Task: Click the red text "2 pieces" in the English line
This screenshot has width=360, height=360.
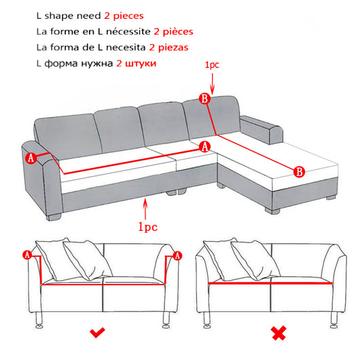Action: [x=124, y=16]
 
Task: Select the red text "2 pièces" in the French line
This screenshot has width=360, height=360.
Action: [x=174, y=32]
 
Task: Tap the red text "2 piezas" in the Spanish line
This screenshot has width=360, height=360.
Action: [x=168, y=48]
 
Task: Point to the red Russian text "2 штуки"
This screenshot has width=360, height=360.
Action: [x=136, y=63]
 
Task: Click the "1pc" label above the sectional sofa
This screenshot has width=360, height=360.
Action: [x=212, y=65]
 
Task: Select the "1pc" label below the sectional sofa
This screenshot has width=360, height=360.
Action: [x=147, y=227]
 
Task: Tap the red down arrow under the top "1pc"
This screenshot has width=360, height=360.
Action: [x=213, y=84]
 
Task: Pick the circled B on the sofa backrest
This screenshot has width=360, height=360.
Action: [x=205, y=98]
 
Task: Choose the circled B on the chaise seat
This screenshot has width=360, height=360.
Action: [x=299, y=172]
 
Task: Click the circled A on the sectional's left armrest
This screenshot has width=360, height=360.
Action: [x=31, y=158]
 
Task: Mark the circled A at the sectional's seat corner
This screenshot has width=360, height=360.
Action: [x=205, y=147]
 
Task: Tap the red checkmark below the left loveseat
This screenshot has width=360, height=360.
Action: [x=97, y=332]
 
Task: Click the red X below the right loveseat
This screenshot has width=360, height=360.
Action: [x=279, y=333]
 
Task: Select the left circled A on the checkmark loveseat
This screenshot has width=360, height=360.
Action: [x=27, y=255]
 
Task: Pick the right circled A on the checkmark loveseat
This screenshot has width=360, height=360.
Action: [x=177, y=255]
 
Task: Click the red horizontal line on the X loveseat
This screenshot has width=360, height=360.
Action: [x=270, y=283]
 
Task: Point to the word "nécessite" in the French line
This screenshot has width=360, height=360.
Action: [x=128, y=31]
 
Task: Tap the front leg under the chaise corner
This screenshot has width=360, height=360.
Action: [x=272, y=211]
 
